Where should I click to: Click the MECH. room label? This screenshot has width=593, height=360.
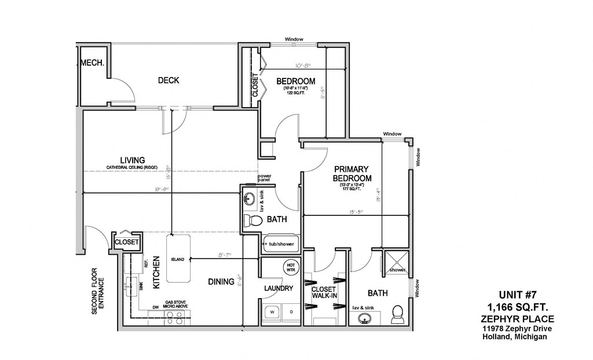point(93,64)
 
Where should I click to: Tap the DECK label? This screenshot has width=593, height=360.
point(169,80)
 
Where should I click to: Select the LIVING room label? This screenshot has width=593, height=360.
point(132,160)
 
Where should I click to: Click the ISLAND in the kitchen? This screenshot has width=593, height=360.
point(178,259)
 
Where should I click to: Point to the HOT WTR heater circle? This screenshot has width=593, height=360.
point(290,267)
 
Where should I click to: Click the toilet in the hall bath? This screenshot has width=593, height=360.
point(252,221)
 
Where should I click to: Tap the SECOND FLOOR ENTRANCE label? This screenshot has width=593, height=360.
point(98,291)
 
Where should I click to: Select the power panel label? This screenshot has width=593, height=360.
point(265,178)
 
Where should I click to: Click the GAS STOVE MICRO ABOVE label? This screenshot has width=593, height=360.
point(176,305)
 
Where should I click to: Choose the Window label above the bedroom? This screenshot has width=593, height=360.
point(294,39)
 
